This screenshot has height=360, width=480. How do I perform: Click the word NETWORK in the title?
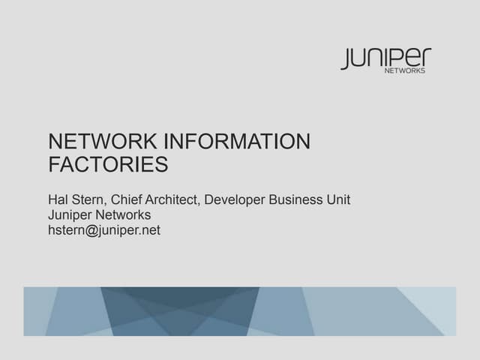pyautogui.click(x=103, y=141)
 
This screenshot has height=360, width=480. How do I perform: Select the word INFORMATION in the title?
pyautogui.click(x=237, y=141)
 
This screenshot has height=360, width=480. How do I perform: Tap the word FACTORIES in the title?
pyautogui.click(x=108, y=164)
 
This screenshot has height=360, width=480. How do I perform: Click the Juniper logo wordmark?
pyautogui.click(x=386, y=58)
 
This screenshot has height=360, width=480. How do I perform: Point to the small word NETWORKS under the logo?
pyautogui.click(x=405, y=70)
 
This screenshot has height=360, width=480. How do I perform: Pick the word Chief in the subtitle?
pyautogui.click(x=126, y=199)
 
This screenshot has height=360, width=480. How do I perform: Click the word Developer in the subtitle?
pyautogui.click(x=235, y=200)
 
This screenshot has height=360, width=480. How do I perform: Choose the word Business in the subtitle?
pyautogui.click(x=295, y=199)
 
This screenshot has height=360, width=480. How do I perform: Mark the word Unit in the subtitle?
pyautogui.click(x=338, y=199)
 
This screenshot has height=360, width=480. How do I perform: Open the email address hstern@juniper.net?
pyautogui.click(x=104, y=230)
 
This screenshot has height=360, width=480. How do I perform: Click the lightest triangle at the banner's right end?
pyautogui.click(x=435, y=303)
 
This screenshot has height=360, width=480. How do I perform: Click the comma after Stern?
pyautogui.click(x=105, y=203)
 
